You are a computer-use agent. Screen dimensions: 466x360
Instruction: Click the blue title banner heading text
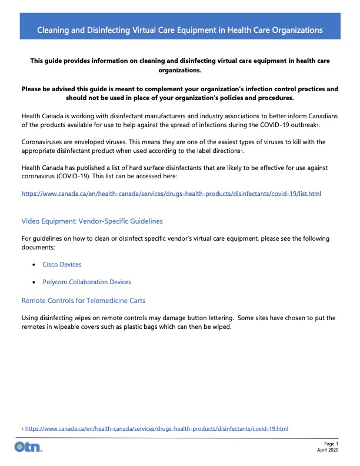tap(179, 29)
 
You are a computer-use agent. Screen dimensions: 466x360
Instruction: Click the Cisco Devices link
tap(62, 265)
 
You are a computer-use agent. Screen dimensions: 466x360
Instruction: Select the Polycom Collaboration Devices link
tap(86, 282)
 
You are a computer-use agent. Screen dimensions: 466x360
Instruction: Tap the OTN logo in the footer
tap(28, 448)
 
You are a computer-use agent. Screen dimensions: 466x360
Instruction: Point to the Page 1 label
tap(331, 443)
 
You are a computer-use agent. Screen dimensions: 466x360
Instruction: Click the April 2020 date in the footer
tap(328, 450)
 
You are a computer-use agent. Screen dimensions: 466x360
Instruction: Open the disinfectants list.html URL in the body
tap(171, 194)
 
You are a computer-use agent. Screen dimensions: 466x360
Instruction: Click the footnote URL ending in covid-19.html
tap(156, 429)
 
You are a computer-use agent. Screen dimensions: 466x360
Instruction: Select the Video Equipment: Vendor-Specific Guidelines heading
tap(92, 221)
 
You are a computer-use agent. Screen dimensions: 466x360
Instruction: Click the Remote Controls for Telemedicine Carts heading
tap(83, 301)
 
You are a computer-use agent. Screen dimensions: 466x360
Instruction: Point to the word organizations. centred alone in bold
tap(180, 70)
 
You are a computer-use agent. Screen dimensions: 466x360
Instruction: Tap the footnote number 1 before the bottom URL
tap(22, 430)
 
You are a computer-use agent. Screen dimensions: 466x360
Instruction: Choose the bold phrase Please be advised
tap(51, 89)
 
